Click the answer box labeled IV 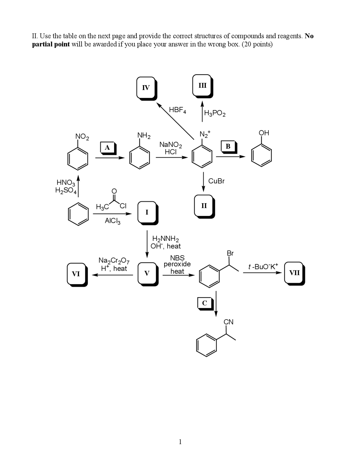(146, 88)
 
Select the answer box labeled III (202, 85)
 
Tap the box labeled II (204, 206)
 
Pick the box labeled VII (294, 273)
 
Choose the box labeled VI (76, 274)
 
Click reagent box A (107, 147)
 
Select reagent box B (228, 146)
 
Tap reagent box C (204, 303)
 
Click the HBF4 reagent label (177, 110)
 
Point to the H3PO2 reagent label (215, 113)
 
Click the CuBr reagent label (216, 181)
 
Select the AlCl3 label (113, 221)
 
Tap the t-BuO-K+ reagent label (263, 266)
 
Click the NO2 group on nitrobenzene (82, 137)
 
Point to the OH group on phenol (264, 133)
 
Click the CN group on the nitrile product (228, 322)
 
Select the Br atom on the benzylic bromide (230, 253)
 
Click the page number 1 (180, 442)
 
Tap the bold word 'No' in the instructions (309, 36)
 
